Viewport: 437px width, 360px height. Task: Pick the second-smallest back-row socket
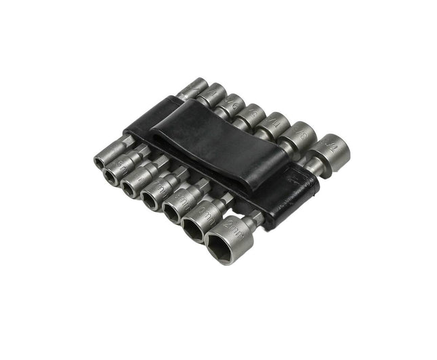pos(213,95)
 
